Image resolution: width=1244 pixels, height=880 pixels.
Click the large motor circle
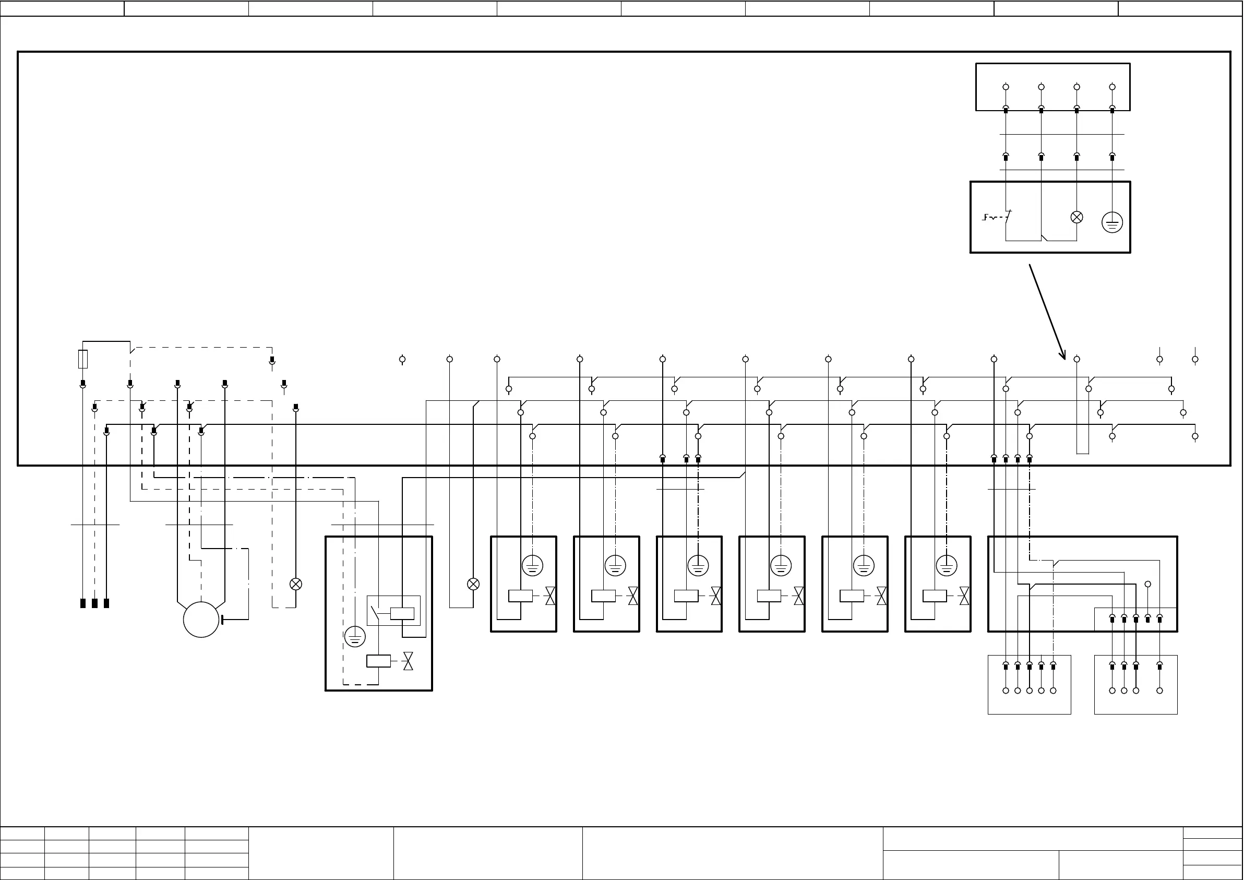coord(201,620)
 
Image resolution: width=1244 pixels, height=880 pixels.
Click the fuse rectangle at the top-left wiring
coord(83,359)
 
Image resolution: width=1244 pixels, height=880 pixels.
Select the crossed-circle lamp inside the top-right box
coord(1076,217)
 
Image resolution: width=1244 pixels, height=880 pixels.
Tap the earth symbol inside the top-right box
coord(1113,222)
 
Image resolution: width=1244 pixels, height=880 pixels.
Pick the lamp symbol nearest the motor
coord(296,584)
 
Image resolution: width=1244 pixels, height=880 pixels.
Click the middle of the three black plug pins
coord(95,603)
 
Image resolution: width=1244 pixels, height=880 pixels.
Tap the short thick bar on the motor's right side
coord(222,620)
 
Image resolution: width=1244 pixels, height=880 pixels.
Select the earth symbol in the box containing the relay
coord(355,637)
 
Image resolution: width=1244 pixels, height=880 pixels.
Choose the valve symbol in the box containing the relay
coord(408,661)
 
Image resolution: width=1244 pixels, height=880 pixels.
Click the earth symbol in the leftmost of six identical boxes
coord(533,566)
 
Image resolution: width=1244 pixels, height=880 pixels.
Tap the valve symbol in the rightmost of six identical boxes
coord(964,596)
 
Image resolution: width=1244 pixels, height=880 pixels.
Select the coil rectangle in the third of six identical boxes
coord(686,596)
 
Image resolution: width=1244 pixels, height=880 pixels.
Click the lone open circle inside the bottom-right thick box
coord(1147,584)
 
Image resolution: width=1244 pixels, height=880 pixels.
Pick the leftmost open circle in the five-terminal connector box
coord(1006,691)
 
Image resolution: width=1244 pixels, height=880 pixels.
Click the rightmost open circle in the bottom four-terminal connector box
coord(1159,691)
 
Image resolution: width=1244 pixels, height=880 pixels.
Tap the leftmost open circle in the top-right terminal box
coord(1006,87)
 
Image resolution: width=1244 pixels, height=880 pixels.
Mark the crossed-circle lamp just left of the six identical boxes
coord(473,584)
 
